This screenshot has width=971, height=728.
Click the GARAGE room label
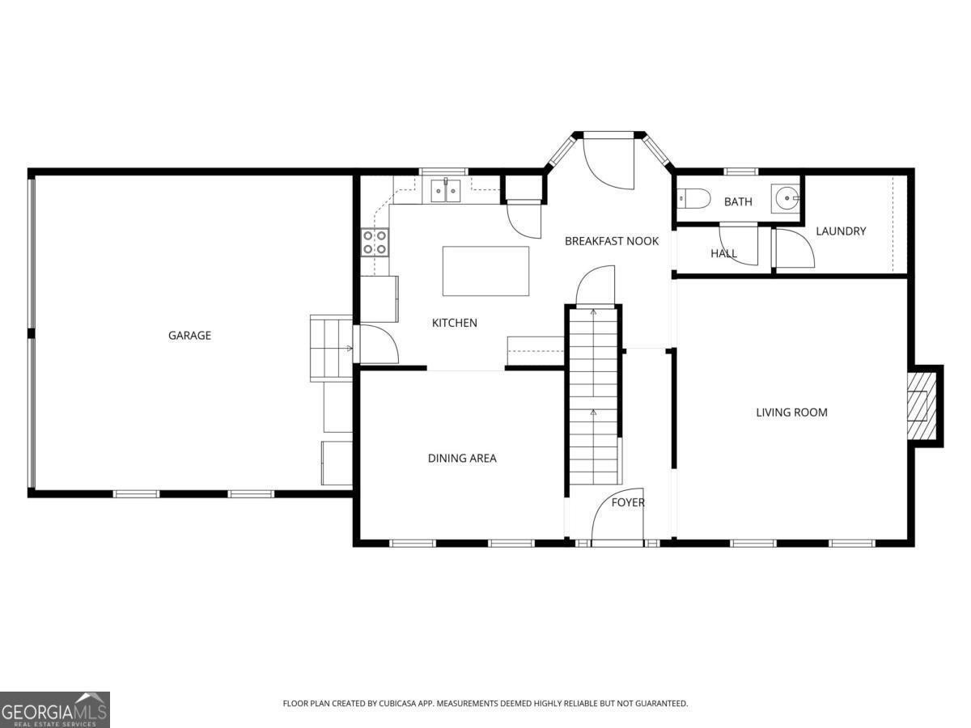point(189,336)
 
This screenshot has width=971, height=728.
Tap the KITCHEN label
point(454,323)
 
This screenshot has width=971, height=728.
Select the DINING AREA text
point(462,459)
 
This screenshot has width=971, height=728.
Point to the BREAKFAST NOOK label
point(612,241)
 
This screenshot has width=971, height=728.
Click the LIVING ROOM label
point(791,413)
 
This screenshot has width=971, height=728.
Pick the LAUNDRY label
point(841,231)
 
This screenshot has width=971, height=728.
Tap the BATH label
point(738,202)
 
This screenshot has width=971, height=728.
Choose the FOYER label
point(628,502)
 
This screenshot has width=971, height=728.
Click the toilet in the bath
point(693,198)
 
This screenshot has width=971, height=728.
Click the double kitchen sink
point(446,191)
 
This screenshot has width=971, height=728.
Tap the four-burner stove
point(375,242)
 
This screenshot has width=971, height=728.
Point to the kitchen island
point(485,271)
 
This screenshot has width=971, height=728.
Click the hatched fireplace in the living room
point(922,406)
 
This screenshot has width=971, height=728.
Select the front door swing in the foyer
point(617,515)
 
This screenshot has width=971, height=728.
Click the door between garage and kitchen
point(379,344)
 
